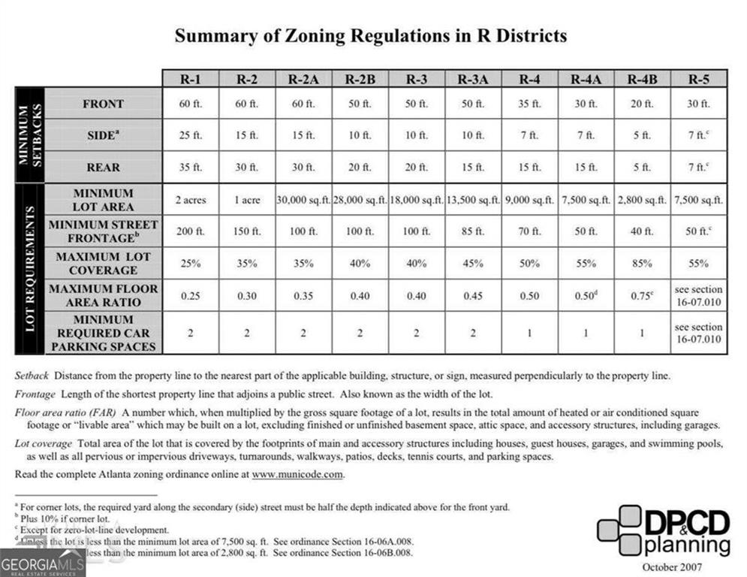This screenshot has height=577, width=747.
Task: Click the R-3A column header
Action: pos(472,79)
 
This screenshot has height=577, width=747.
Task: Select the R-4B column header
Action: pos(643,79)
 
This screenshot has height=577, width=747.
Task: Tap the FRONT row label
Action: pos(103,104)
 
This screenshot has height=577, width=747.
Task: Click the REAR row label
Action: pos(103,168)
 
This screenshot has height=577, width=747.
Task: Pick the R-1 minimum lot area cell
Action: pos(190,201)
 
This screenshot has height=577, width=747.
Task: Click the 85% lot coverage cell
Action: pos(643,264)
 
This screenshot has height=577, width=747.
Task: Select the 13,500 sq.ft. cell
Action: pos(472,201)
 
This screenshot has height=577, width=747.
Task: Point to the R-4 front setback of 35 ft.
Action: pos(529,104)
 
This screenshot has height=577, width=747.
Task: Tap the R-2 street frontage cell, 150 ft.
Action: pos(246,231)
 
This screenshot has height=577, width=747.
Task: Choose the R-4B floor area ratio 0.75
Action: pos(643,296)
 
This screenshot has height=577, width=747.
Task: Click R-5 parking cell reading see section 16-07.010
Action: pos(698,333)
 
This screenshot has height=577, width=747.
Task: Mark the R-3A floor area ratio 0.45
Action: pos(472,296)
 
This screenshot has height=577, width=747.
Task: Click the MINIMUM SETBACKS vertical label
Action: pos(31,136)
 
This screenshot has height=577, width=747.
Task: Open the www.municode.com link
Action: pos(297,475)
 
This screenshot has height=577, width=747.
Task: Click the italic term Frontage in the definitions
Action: pos(35,394)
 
